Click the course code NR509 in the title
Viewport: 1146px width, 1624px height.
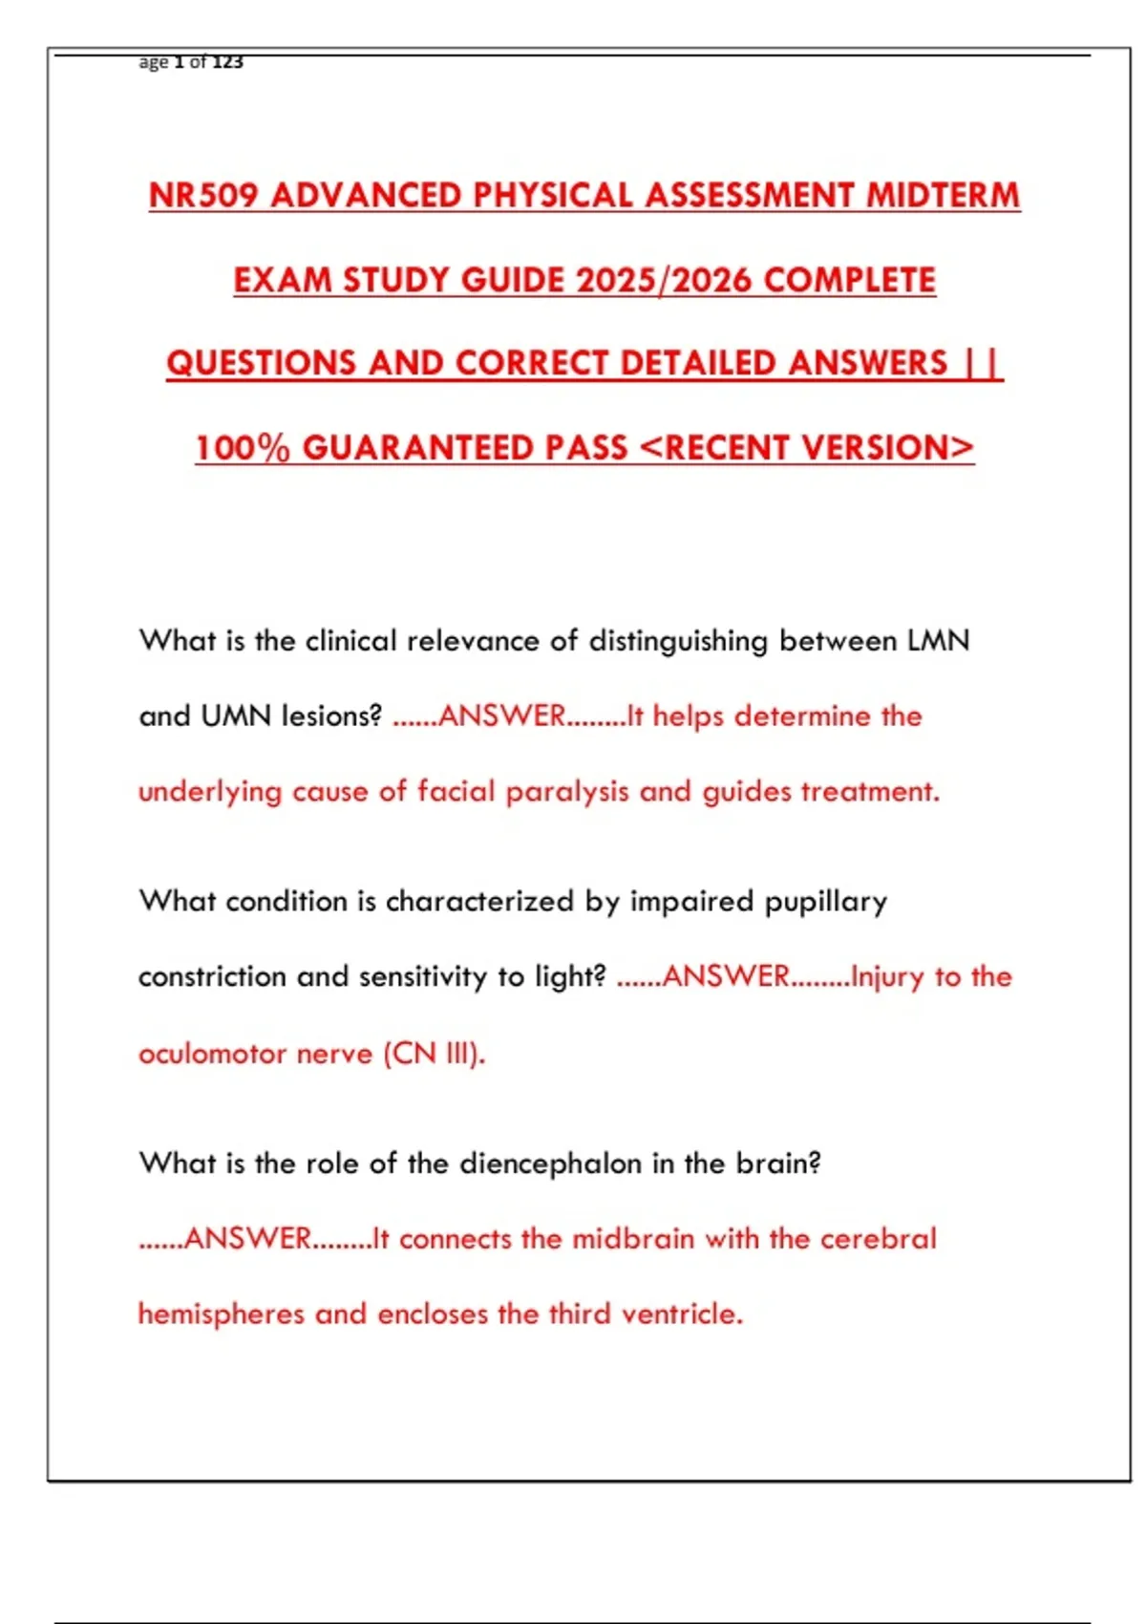point(203,196)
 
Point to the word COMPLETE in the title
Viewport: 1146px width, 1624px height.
point(850,280)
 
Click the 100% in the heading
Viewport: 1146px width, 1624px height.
point(243,448)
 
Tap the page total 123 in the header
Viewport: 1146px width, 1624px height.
point(227,62)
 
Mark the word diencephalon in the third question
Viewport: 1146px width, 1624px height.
point(551,1164)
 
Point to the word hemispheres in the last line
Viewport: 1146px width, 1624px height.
point(222,1314)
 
